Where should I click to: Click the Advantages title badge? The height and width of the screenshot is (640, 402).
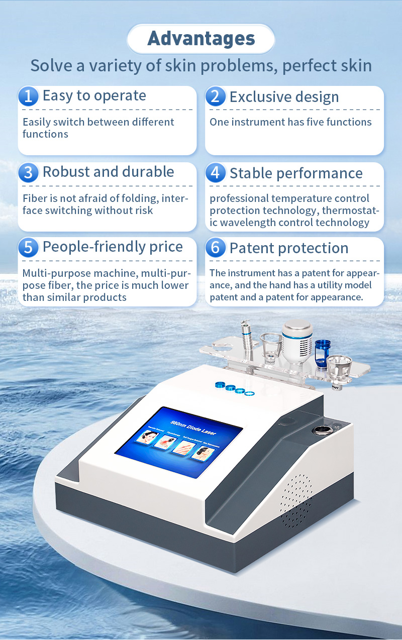pyautogui.click(x=201, y=39)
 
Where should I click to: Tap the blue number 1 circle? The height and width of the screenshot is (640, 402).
pyautogui.click(x=28, y=96)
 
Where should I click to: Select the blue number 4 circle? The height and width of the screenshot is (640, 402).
pyautogui.click(x=216, y=173)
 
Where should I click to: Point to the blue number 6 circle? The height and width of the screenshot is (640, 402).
pyautogui.click(x=216, y=248)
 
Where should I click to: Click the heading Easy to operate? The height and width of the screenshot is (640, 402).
pyautogui.click(x=94, y=96)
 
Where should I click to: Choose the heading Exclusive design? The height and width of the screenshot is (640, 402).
pyautogui.click(x=284, y=97)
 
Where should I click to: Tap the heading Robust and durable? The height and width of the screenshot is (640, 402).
pyautogui.click(x=108, y=172)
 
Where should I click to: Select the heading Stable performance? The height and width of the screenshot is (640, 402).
pyautogui.click(x=296, y=173)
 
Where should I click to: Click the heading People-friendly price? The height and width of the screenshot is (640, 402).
pyautogui.click(x=113, y=247)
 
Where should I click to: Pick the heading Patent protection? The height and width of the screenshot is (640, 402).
pyautogui.click(x=288, y=248)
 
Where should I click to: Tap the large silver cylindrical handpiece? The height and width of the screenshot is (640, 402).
pyautogui.click(x=296, y=338)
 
